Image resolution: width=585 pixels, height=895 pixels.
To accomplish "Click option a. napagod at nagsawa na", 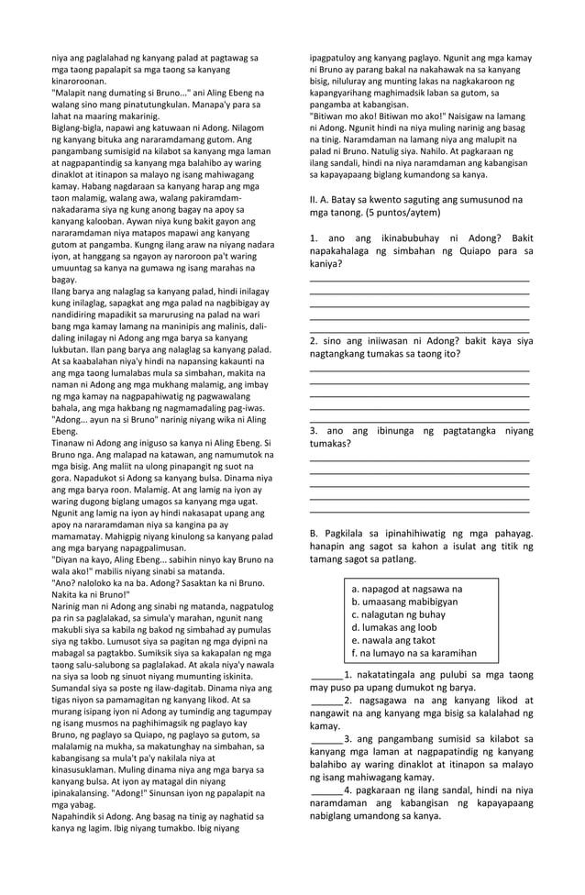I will tap(406, 589).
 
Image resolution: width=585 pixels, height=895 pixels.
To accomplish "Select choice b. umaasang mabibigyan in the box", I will tap(404, 602).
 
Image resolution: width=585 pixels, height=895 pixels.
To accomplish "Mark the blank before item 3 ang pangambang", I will tap(326, 740).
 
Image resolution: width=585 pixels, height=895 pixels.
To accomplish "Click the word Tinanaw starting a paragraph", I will tap(72, 443).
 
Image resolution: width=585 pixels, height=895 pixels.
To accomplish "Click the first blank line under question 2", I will tap(420, 369).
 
